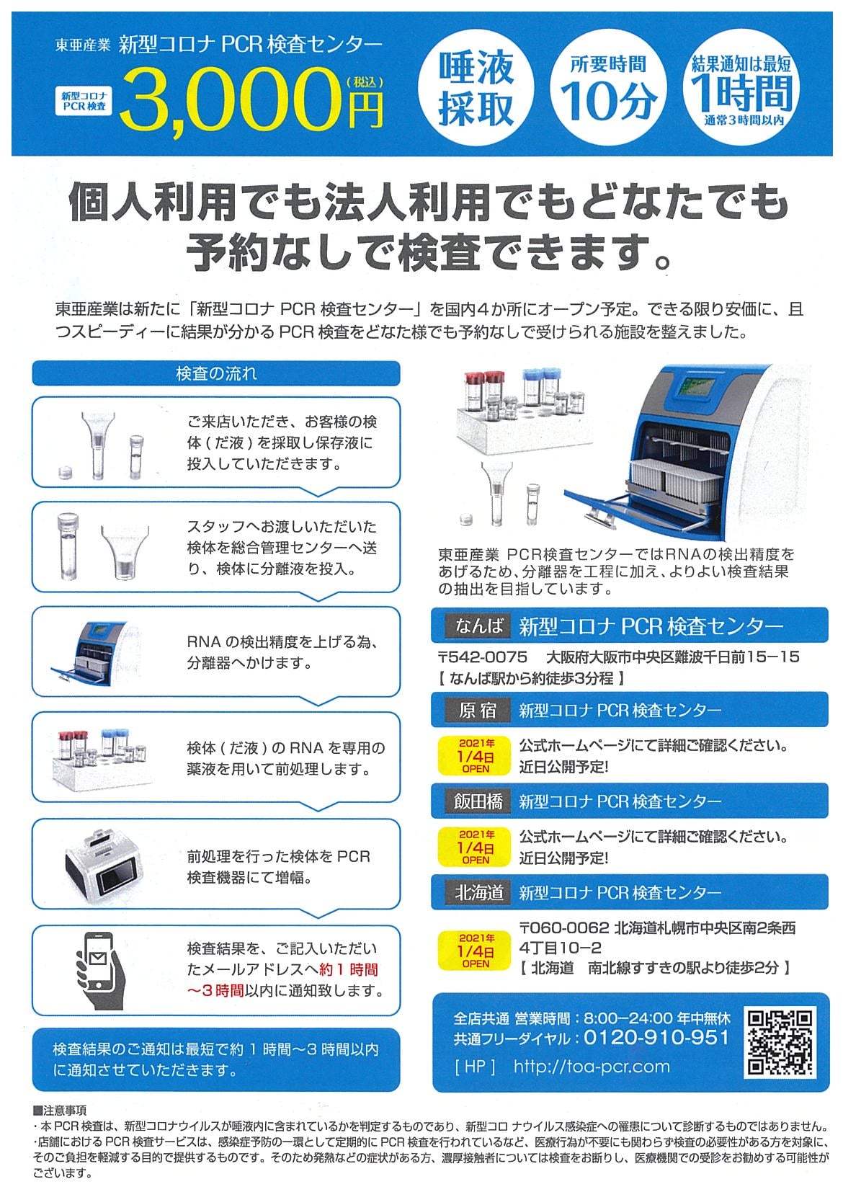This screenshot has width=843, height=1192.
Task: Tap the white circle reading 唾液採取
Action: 476,86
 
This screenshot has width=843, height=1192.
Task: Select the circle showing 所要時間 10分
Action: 608,86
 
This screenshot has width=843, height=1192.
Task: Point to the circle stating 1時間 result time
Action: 741,86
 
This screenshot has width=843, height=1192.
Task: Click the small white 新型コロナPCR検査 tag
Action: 84,101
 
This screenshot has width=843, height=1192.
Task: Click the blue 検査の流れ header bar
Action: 216,373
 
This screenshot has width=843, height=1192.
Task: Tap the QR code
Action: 781,1043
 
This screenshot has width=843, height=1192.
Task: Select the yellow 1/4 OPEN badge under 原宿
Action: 476,756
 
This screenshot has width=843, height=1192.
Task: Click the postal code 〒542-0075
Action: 483,657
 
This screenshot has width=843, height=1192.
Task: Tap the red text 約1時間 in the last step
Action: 349,969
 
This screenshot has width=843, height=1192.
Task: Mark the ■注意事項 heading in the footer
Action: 60,1110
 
